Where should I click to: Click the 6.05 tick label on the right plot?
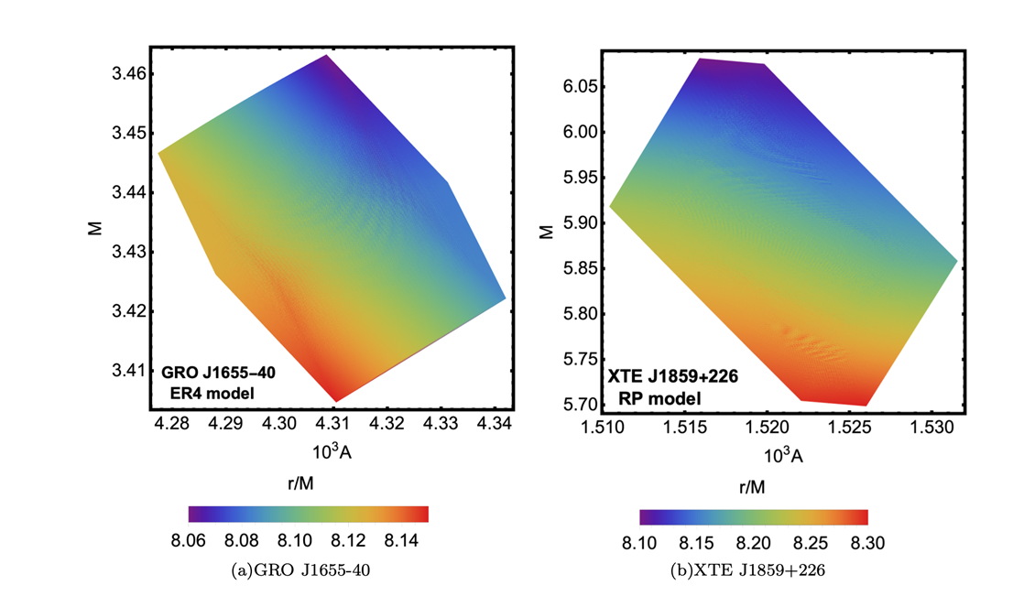click(x=579, y=87)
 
